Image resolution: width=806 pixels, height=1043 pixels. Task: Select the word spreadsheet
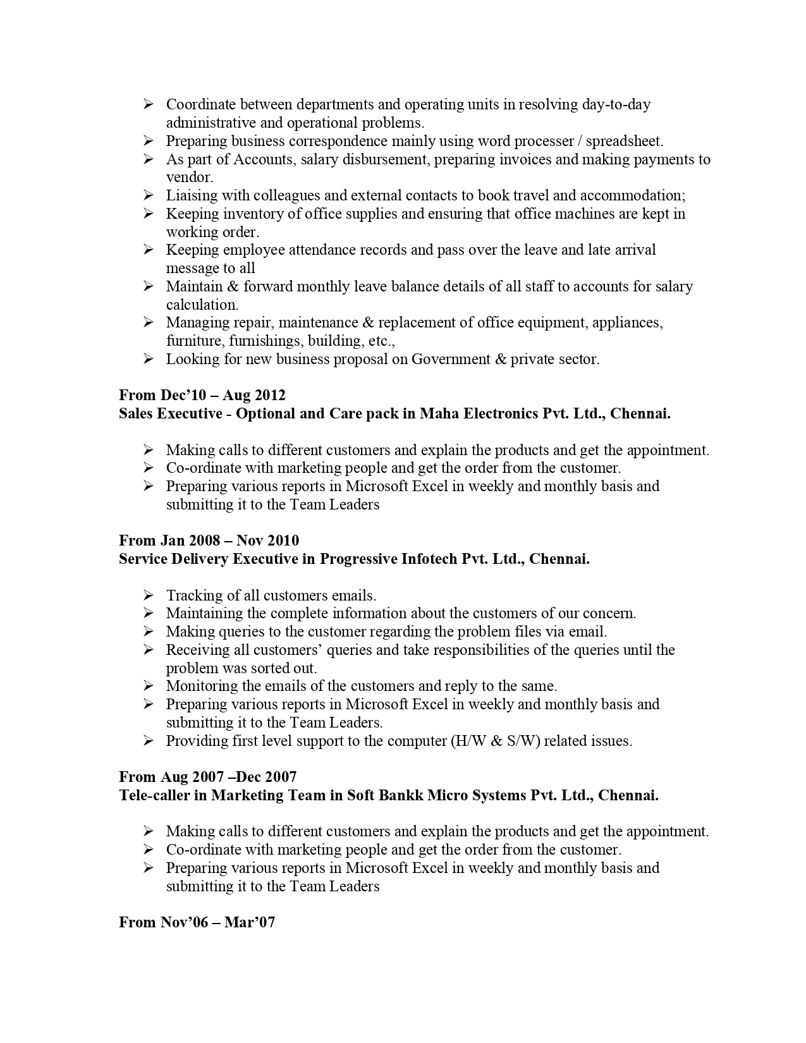pyautogui.click(x=624, y=141)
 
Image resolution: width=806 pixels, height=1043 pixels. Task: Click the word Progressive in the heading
pyautogui.click(x=358, y=559)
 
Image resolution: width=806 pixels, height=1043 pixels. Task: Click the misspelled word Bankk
pyautogui.click(x=401, y=795)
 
